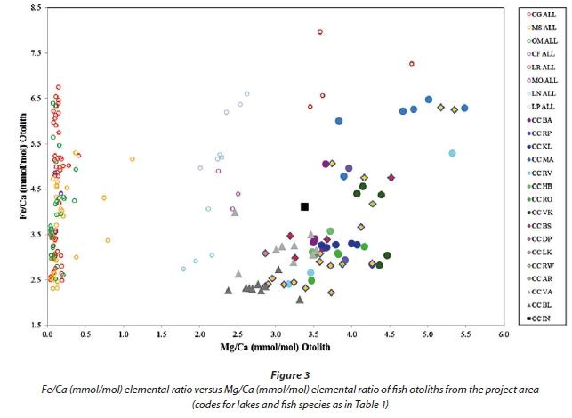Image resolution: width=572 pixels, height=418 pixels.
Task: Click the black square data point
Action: (304, 206)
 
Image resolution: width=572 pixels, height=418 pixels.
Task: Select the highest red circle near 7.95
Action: (320, 32)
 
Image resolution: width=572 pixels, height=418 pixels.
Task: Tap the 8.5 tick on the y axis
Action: (36, 7)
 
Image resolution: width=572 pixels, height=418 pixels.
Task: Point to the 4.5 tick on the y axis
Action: (36, 189)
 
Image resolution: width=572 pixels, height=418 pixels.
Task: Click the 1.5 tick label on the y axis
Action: (36, 326)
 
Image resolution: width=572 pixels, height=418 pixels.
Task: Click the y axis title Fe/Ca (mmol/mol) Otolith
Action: (12, 166)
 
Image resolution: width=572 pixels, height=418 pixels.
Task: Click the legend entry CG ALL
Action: (544, 14)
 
